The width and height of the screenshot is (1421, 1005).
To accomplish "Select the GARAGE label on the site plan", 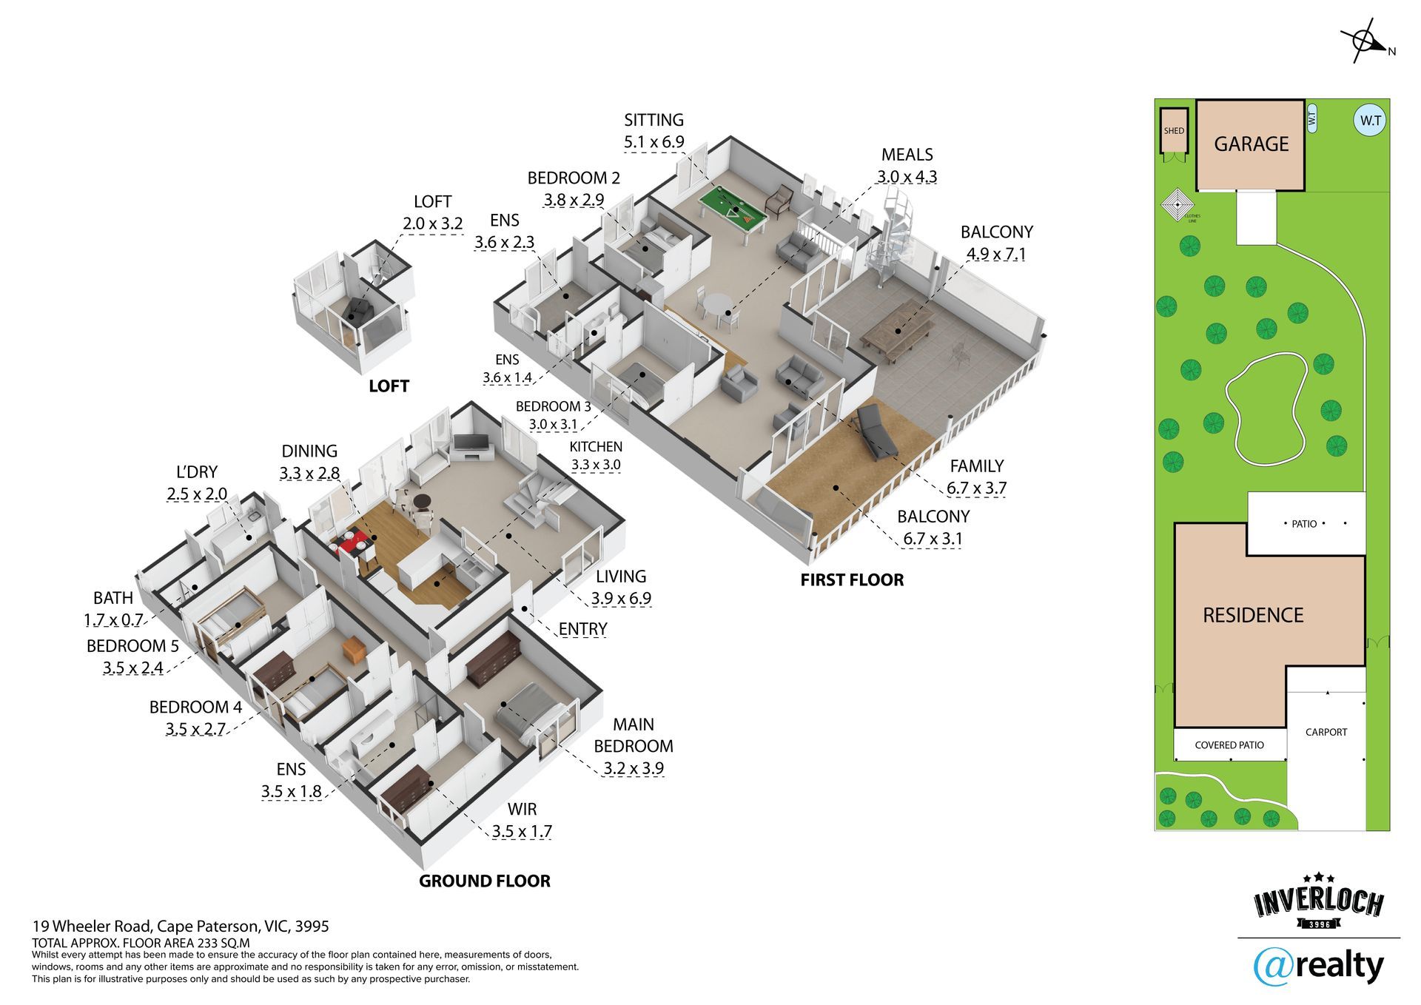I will pyautogui.click(x=1251, y=144).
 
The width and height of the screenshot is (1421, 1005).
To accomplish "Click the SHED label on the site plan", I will pyautogui.click(x=1174, y=131).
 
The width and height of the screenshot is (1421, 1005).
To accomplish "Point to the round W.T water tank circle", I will pyautogui.click(x=1371, y=121).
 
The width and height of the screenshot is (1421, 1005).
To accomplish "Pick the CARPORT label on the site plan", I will pyautogui.click(x=1326, y=732).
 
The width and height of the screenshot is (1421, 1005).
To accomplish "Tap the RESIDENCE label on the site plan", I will pyautogui.click(x=1253, y=615).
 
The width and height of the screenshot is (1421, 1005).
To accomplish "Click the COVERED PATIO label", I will pyautogui.click(x=1229, y=745).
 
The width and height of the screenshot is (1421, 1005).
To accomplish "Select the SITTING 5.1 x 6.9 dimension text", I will pyautogui.click(x=654, y=142).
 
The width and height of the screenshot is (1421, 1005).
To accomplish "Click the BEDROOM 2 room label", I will pyautogui.click(x=574, y=178).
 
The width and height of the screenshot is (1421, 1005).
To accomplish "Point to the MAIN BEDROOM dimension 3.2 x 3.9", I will pyautogui.click(x=633, y=768).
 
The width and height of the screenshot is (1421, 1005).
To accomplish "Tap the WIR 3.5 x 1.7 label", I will pyautogui.click(x=522, y=831).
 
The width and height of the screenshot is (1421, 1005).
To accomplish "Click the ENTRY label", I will pyautogui.click(x=582, y=629).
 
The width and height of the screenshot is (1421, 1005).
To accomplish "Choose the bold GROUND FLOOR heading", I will pyautogui.click(x=484, y=881).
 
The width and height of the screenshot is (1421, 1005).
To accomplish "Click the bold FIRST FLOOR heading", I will pyautogui.click(x=852, y=579).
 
